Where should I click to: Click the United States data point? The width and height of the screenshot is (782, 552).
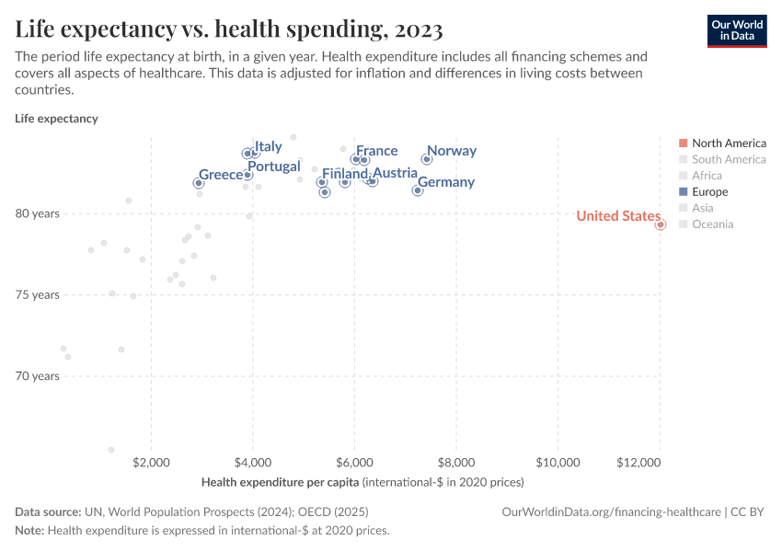coord(661,224)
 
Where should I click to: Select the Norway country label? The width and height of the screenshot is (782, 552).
coord(451,151)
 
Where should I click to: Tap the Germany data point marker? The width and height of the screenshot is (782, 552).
coord(418,190)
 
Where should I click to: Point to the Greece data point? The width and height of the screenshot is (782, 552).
coord(198,183)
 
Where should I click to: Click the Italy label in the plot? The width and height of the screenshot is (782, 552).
coord(268,146)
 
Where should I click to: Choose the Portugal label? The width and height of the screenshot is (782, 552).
coord(273,167)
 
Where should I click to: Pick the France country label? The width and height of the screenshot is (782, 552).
coord(376,151)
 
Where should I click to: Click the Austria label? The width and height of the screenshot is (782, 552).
coord(395,173)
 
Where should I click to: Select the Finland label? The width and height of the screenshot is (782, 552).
coord(345,173)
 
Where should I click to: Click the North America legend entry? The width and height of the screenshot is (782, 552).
coord(728,143)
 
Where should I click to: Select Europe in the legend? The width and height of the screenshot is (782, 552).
coord(709,192)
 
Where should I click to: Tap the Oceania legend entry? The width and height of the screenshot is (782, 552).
coord(712,224)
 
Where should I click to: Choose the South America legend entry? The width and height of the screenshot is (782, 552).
coord(728,159)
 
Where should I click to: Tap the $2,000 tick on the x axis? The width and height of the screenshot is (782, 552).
coord(152,462)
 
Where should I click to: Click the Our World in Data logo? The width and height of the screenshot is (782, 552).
coord(736,30)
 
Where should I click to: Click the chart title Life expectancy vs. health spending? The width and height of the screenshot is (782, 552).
coord(229,29)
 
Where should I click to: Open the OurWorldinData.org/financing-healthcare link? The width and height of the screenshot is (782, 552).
coord(612,512)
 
